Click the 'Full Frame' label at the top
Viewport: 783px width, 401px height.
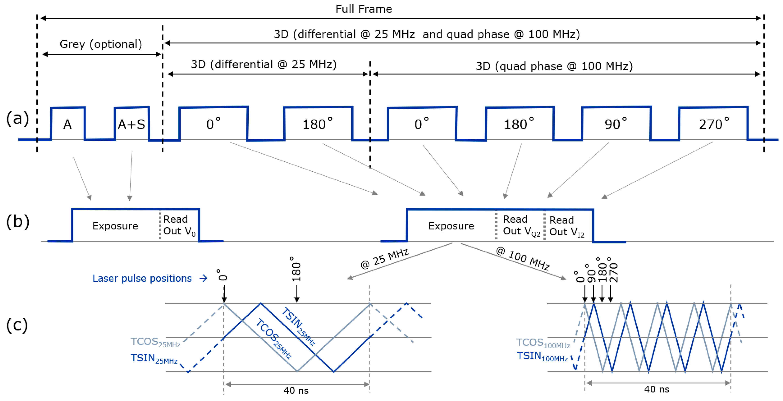364,9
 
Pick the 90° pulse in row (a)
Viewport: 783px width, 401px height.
616,124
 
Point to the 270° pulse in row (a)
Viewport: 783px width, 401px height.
713,124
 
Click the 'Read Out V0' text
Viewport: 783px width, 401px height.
179,225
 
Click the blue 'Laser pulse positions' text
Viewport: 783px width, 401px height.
142,278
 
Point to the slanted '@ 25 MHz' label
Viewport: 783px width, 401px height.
384,259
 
